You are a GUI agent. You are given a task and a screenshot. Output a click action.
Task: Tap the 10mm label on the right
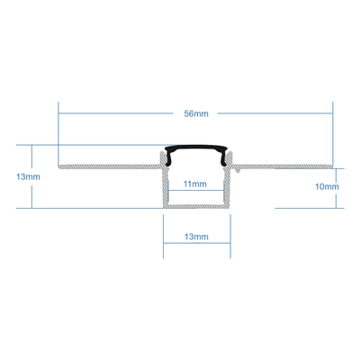pyautogui.click(x=326, y=187)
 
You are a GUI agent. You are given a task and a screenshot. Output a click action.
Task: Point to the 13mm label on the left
pyautogui.click(x=28, y=176)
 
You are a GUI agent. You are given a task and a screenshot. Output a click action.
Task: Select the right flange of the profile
pyautogui.click(x=288, y=166)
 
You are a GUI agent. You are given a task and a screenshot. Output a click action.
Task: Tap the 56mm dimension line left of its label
pyautogui.click(x=117, y=114)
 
